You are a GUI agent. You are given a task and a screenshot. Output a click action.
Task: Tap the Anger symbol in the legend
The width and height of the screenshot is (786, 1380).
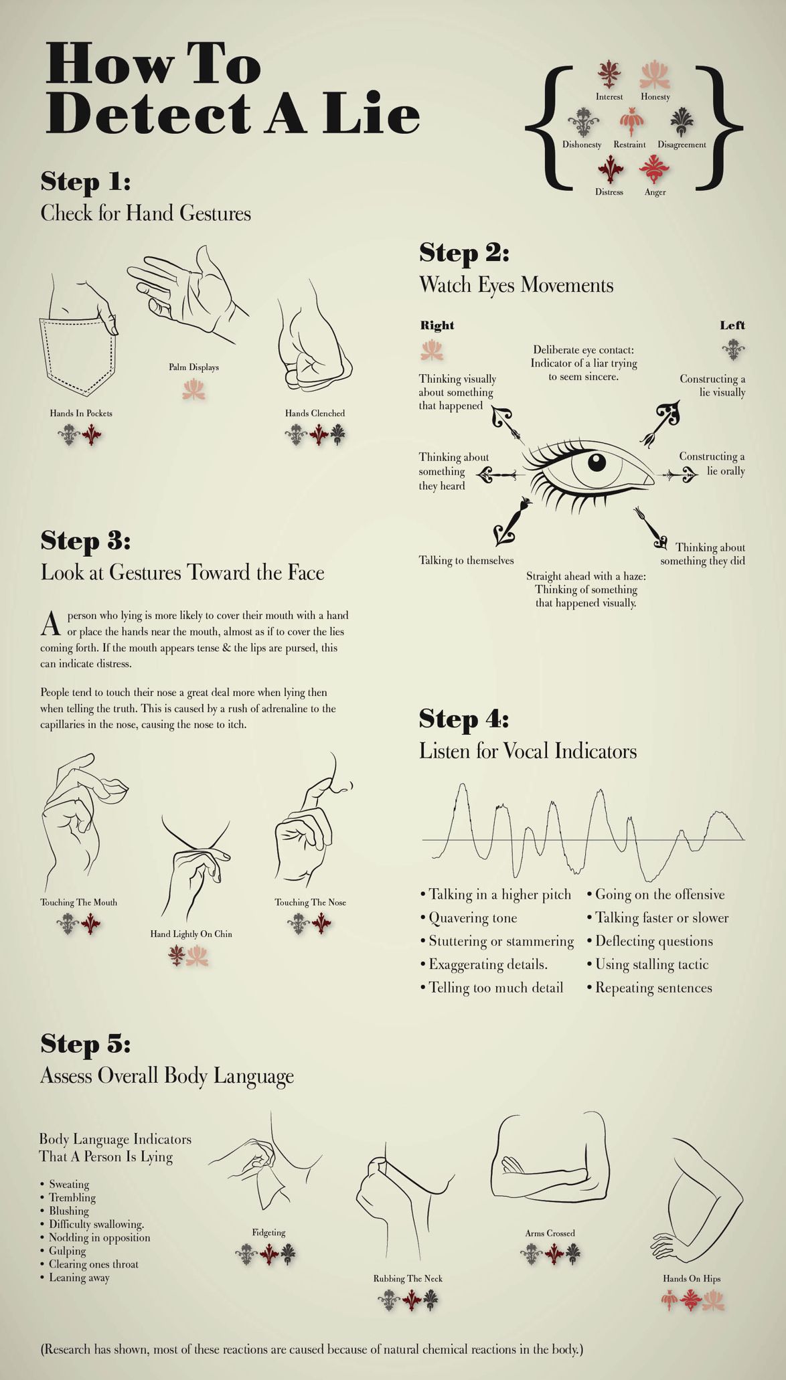click(654, 169)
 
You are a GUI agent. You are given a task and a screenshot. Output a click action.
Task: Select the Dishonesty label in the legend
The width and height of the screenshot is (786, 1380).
click(582, 145)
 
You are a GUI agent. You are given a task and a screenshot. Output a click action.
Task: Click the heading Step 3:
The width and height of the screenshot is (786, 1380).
click(86, 541)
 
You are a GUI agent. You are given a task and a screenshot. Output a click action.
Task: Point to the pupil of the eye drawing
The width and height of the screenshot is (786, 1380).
click(596, 462)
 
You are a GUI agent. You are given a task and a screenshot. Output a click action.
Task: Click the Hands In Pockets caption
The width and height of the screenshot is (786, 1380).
click(81, 413)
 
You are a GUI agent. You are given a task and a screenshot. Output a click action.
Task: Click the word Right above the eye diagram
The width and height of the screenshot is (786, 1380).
click(437, 325)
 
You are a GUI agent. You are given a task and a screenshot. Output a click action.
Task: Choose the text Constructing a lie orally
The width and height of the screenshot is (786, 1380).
click(712, 464)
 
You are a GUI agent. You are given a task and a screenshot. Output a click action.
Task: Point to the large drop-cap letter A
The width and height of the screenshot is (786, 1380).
click(51, 623)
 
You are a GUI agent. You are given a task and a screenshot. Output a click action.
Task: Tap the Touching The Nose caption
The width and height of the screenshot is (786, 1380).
click(310, 902)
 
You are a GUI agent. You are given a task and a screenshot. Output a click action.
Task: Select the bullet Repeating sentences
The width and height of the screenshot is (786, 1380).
click(649, 988)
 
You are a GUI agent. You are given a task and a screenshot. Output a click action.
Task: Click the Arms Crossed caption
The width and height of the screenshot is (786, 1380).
click(550, 1233)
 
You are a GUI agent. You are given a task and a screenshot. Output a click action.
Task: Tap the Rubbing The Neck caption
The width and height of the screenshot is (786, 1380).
click(408, 1278)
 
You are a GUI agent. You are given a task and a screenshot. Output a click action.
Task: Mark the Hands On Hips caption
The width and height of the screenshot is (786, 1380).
click(692, 1278)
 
